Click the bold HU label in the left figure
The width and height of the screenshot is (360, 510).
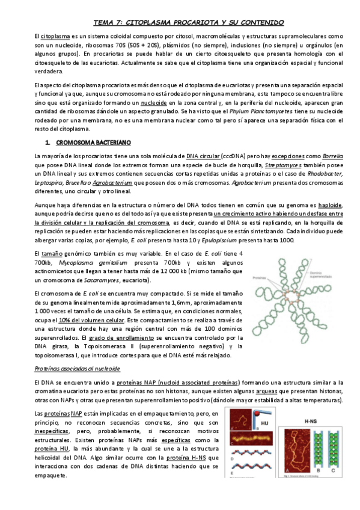click(264, 423)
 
